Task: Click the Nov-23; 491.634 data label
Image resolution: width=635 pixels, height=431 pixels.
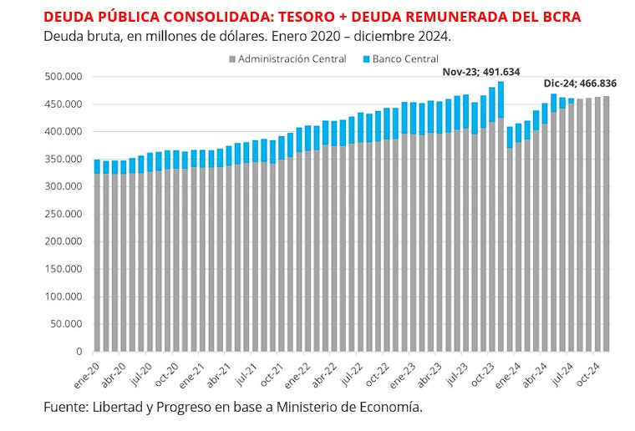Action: (481, 72)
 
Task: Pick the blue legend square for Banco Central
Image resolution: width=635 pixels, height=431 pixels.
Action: (366, 60)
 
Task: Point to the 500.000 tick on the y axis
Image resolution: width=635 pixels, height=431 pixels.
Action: (63, 77)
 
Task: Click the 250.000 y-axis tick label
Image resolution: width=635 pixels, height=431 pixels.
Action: (63, 215)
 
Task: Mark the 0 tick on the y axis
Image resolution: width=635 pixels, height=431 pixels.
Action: (78, 352)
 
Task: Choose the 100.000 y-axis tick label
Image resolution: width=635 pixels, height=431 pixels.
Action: (63, 297)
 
